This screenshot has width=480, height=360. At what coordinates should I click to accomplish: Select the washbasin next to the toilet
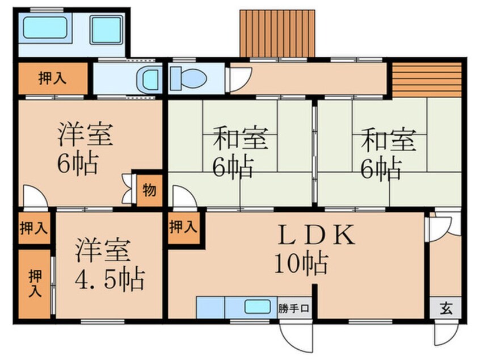[x=150, y=79]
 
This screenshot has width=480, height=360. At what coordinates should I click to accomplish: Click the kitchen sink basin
[x=260, y=307]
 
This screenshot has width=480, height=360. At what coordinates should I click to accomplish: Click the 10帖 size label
[x=301, y=262]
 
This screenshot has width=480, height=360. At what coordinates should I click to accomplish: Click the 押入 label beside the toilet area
[x=52, y=79]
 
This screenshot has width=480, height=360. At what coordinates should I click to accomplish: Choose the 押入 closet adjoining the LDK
[x=183, y=228]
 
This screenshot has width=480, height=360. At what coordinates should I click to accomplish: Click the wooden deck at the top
[x=277, y=33]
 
